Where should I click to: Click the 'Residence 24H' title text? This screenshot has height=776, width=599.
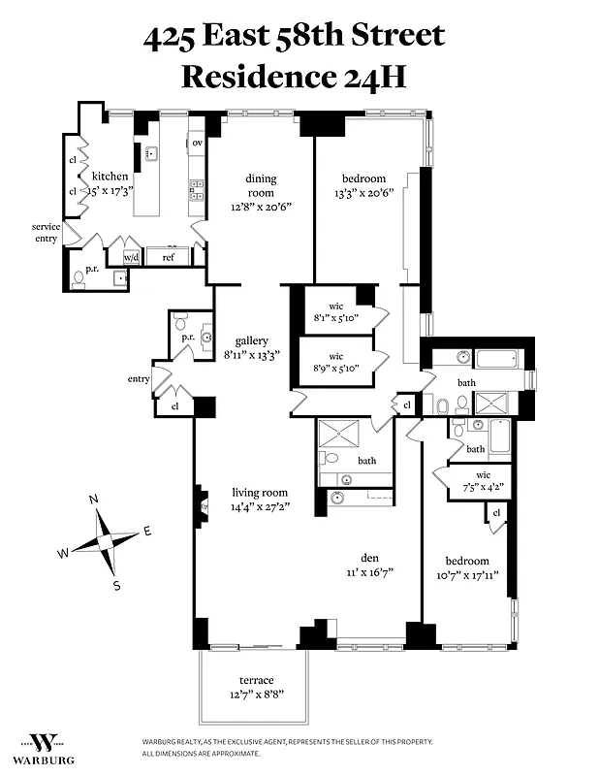point(294,77)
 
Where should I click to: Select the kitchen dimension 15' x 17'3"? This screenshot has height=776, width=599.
point(109,191)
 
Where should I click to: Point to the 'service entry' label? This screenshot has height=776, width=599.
point(46,233)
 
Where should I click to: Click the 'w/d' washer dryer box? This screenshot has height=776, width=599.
point(131,257)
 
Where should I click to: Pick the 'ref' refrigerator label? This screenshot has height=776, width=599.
point(168,257)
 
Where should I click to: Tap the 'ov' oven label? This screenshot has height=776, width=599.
point(197,144)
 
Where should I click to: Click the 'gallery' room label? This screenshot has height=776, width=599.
point(244,340)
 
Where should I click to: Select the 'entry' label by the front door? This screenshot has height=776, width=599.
point(137,379)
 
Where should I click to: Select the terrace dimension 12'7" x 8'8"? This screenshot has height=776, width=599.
point(257,695)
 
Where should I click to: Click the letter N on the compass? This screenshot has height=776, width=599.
point(94,500)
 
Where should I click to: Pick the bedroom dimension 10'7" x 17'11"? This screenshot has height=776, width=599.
point(466,575)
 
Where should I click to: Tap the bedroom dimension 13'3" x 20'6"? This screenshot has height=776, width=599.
point(363,192)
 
